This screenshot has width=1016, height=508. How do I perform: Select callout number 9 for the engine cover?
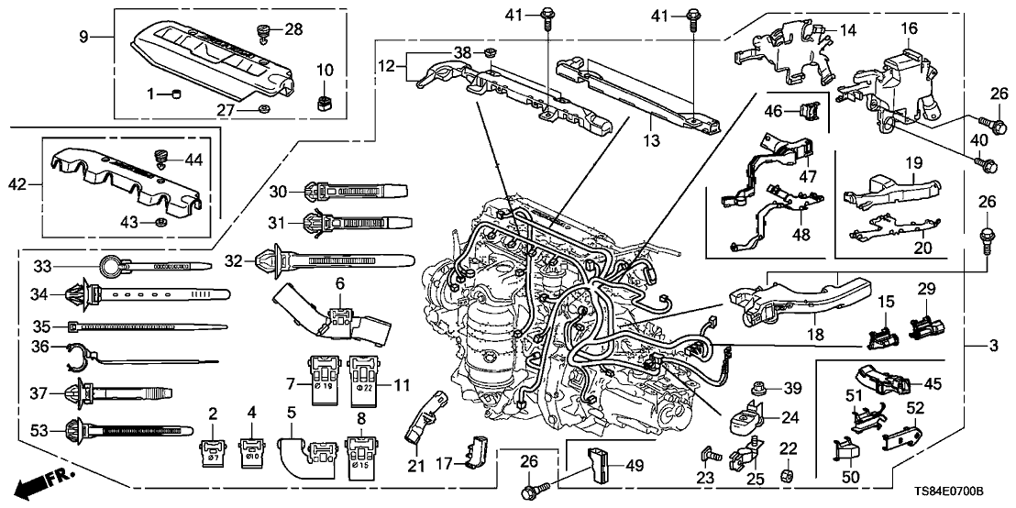point(84,39)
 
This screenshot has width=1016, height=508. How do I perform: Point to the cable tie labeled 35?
point(147,326)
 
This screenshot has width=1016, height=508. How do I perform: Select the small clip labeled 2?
point(213,450)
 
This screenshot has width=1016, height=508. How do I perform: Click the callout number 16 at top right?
point(908,28)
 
